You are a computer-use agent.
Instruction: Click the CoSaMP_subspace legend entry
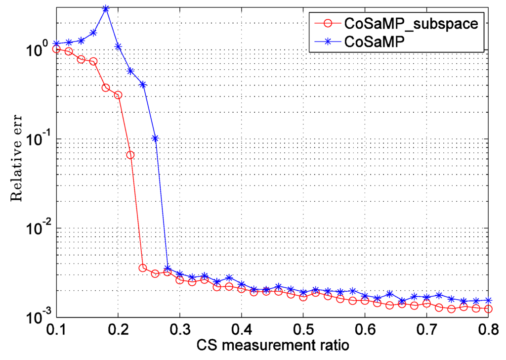click(411, 23)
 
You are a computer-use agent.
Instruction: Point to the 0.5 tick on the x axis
click(303, 328)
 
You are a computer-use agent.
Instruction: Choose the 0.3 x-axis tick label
click(180, 328)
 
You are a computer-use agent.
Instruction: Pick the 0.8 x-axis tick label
click(488, 328)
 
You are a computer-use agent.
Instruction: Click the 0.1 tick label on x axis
click(56, 328)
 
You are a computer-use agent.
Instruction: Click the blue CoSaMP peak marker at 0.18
click(106, 9)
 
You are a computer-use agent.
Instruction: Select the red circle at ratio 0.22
click(130, 155)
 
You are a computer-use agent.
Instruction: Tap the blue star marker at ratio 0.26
click(155, 138)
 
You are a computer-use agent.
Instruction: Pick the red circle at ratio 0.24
click(143, 268)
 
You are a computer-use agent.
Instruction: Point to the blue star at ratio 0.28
click(168, 269)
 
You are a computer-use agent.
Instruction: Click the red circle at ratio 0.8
click(488, 309)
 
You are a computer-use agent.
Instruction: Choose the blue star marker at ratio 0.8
click(488, 300)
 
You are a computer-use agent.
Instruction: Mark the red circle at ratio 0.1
click(56, 49)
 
